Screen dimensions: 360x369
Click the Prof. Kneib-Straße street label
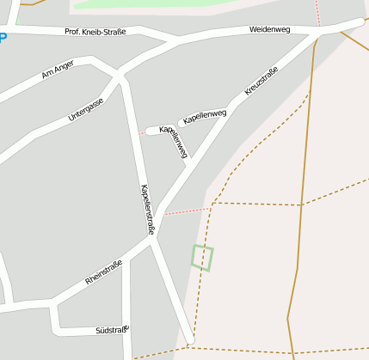coord(95,32)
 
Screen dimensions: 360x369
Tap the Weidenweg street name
coord(269,29)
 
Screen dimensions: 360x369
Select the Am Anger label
coord(58,69)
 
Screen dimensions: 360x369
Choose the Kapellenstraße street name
coord(146,210)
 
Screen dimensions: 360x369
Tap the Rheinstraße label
coord(104,272)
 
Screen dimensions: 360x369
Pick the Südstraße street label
coord(111,330)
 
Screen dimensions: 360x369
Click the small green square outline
coord(202,258)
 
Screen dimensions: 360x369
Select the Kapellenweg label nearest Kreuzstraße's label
coord(205,117)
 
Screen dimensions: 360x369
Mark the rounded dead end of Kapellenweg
coord(151,131)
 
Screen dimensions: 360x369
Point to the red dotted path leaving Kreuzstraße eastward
coord(188,211)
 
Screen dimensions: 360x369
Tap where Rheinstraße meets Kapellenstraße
coord(152,243)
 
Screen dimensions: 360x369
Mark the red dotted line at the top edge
coord(317,10)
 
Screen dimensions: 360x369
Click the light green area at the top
coord(172,3)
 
